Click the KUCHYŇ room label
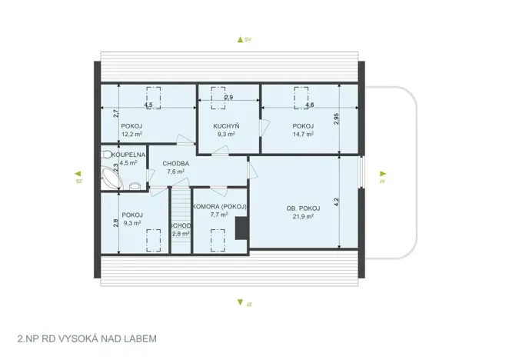pyautogui.click(x=227, y=125)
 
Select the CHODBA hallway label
pyautogui.click(x=176, y=163)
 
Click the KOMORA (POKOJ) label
pyautogui.click(x=219, y=207)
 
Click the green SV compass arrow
pyautogui.click(x=240, y=38)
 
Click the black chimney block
pyautogui.click(x=241, y=228)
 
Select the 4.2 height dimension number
pyautogui.click(x=336, y=202)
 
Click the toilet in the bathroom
pyautogui.click(x=135, y=185)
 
